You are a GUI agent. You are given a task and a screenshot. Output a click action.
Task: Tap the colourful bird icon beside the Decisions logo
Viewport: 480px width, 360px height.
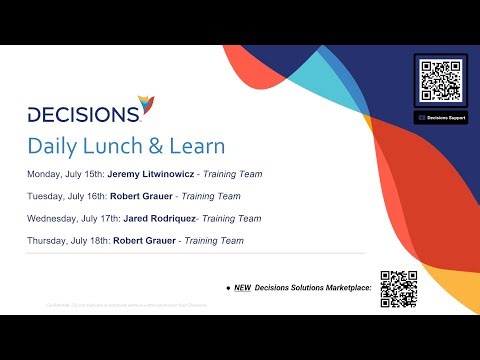147,104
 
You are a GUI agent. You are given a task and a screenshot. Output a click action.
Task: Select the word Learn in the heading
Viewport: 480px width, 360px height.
197,146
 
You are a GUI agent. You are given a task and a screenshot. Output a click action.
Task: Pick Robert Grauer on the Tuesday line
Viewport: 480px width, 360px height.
146,196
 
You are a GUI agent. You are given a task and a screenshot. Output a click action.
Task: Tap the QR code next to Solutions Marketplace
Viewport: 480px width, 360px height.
398,287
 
